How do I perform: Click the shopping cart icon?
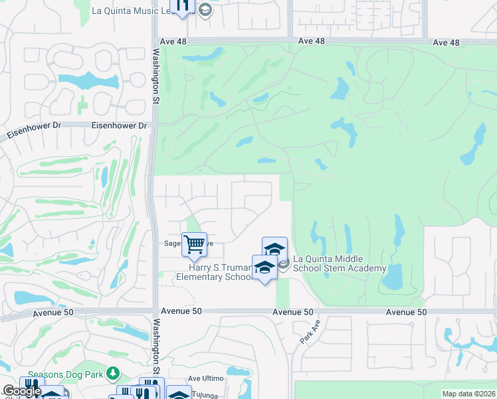(194, 244)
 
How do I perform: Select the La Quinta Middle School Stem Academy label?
(340, 263)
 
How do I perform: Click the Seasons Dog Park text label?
(66, 374)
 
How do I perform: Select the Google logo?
(22, 391)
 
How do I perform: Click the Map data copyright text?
(469, 394)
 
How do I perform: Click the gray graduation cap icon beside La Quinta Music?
(205, 9)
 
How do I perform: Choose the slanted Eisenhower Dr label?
(29, 131)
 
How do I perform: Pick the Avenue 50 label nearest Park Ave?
(293, 312)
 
